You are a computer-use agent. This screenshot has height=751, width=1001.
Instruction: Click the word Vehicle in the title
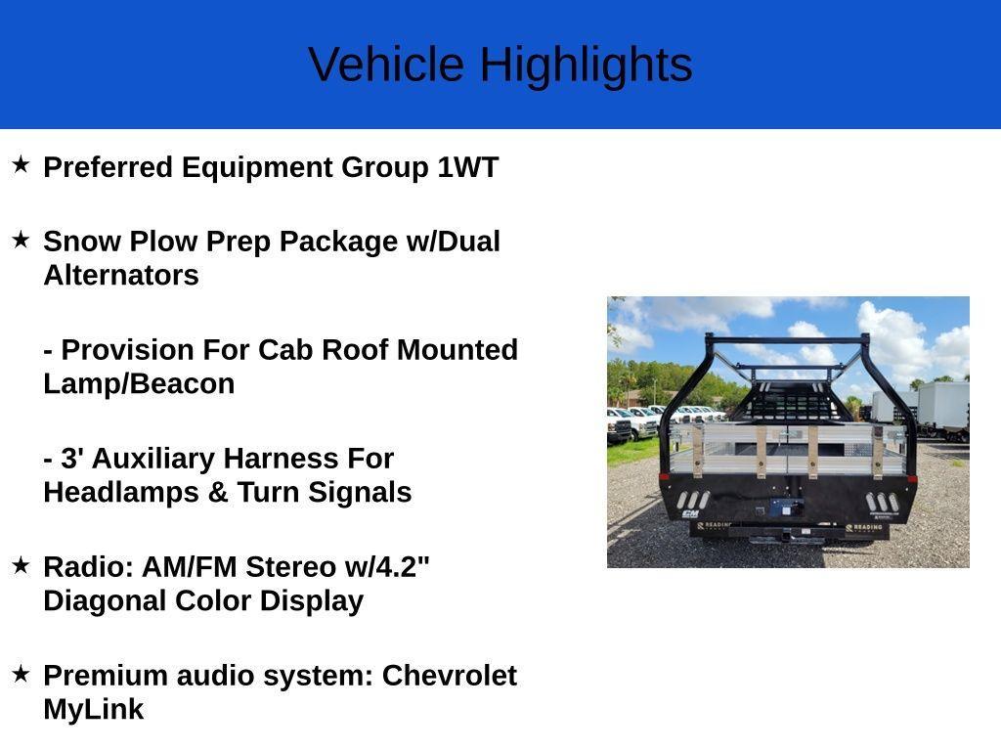pos(386,64)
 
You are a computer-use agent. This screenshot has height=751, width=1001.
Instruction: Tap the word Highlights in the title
pos(587,66)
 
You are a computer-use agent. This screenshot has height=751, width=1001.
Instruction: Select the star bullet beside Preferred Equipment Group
pos(21,164)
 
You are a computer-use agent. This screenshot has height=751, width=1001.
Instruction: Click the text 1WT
pos(468,167)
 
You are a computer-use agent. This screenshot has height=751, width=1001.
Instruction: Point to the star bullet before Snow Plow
pos(21,240)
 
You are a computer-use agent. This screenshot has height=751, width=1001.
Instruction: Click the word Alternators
pos(121,275)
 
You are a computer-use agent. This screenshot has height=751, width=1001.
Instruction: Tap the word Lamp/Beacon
pos(139,384)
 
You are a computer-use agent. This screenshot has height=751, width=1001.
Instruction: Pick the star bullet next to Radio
pos(21,565)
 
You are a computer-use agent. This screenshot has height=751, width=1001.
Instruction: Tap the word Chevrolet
pos(450,676)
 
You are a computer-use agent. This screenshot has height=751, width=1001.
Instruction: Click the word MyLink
pos(94,710)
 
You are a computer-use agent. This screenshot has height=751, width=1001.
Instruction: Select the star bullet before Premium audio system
pos(21,674)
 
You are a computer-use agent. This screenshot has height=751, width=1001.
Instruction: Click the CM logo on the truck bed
pos(690,513)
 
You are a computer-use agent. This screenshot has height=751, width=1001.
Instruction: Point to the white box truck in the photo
pos(943,410)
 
